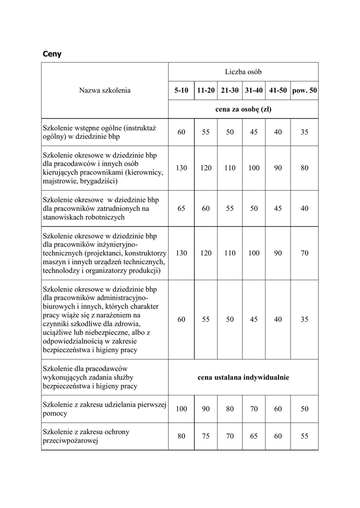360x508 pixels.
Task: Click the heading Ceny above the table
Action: tap(52, 54)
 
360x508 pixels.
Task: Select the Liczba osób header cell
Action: tap(243, 72)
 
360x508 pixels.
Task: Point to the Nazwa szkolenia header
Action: tap(105, 90)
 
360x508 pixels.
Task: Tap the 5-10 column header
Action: tap(181, 91)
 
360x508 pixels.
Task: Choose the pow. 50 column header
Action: tap(305, 91)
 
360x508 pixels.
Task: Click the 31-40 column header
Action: tap(254, 91)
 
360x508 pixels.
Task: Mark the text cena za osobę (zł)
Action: tap(243, 109)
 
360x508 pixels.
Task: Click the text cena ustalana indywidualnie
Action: tap(243, 378)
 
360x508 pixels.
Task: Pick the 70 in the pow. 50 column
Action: tap(304, 253)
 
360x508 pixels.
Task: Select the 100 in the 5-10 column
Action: tap(181, 409)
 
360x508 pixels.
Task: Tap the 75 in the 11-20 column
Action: tap(206, 436)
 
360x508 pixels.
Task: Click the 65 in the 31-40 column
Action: tap(254, 436)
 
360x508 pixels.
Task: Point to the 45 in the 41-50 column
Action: tap(278, 208)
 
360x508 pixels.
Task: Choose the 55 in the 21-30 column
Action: tap(229, 208)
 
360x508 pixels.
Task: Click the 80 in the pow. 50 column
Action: tap(304, 168)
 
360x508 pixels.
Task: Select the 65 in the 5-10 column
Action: tap(181, 208)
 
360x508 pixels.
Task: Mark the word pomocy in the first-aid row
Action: tap(56, 413)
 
